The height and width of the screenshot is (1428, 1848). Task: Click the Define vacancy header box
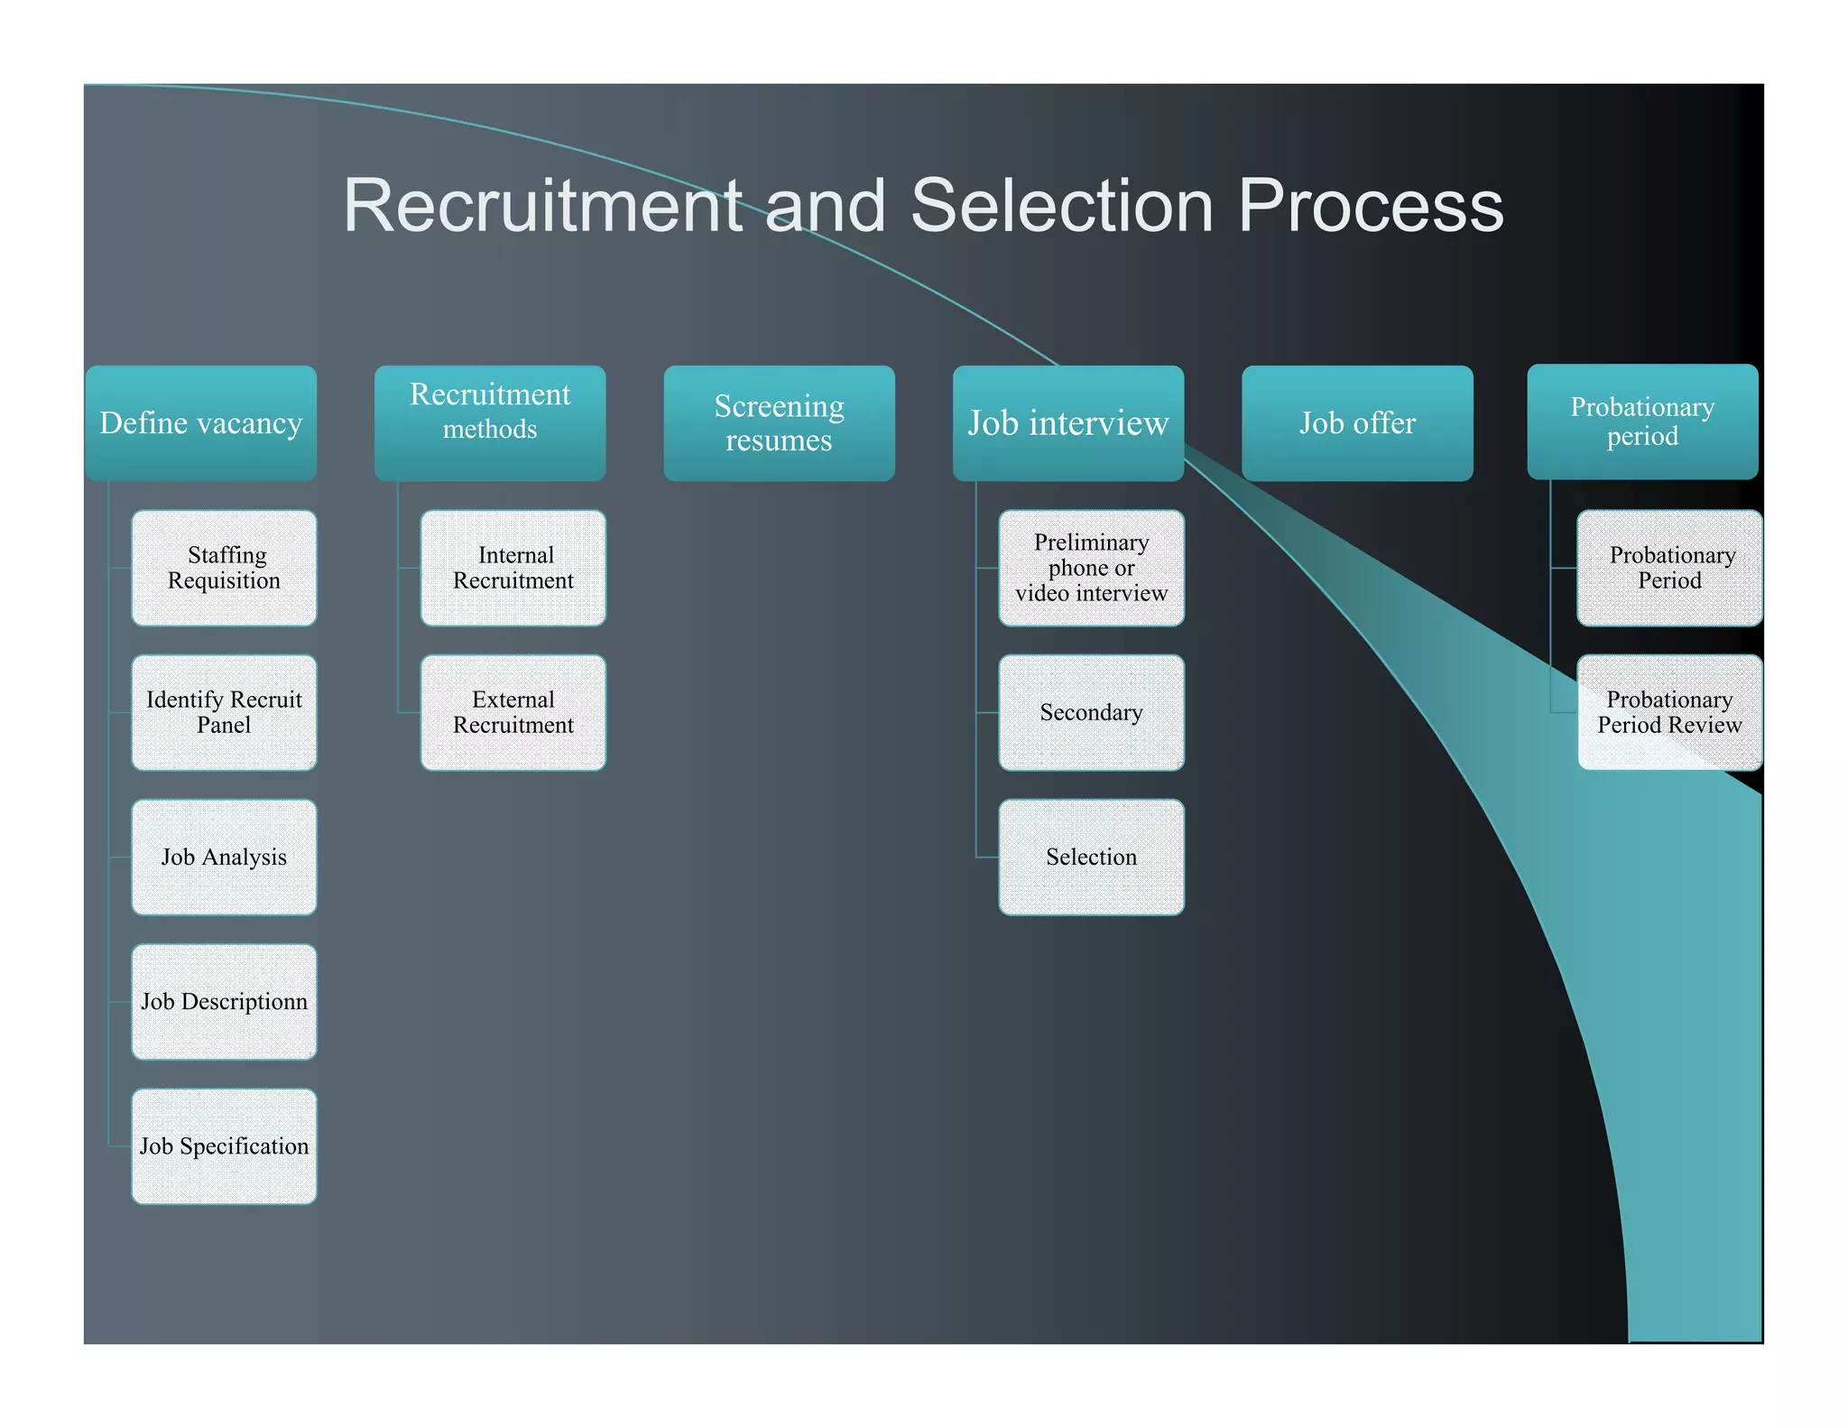click(200, 422)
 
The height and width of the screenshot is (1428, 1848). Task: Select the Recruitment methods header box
click(489, 422)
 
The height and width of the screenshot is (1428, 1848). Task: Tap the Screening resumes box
click(779, 422)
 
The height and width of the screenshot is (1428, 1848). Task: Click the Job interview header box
click(1067, 422)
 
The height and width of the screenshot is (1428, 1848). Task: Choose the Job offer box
click(1356, 422)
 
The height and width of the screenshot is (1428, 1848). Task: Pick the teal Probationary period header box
click(1641, 422)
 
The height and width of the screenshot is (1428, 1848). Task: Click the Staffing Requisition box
click(224, 568)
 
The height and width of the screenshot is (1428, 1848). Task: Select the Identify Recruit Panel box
click(224, 712)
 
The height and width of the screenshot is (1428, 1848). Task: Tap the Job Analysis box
click(224, 857)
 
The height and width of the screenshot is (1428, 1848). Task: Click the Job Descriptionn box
click(224, 1001)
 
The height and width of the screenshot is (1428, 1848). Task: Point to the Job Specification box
click(224, 1145)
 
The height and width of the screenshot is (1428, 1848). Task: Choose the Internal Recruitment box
click(513, 568)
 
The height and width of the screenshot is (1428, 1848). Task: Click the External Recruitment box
click(513, 712)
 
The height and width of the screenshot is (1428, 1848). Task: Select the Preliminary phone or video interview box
click(1091, 568)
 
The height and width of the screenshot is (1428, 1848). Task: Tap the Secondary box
click(1091, 712)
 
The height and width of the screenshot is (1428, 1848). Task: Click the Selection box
click(1091, 857)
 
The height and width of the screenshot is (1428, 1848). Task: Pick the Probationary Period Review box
click(1669, 712)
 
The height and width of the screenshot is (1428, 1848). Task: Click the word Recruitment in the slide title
click(544, 206)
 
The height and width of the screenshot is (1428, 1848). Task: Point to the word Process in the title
click(1370, 206)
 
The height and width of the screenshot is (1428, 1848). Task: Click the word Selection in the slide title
click(1061, 206)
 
